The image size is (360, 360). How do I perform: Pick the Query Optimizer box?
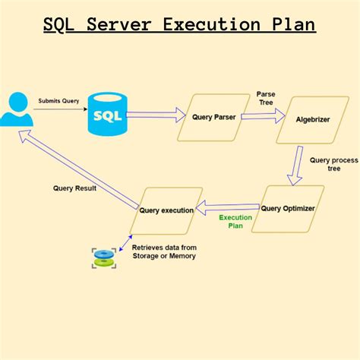[288, 207]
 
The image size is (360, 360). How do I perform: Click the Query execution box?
[166, 210]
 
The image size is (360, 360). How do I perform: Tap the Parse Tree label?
[265, 99]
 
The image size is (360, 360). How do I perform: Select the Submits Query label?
[59, 100]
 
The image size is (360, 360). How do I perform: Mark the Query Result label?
[74, 188]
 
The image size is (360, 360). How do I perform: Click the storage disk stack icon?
[104, 257]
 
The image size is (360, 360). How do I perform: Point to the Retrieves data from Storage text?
[163, 252]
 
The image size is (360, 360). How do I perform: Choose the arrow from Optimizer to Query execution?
[227, 205]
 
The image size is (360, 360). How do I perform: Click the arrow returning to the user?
[76, 167]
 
